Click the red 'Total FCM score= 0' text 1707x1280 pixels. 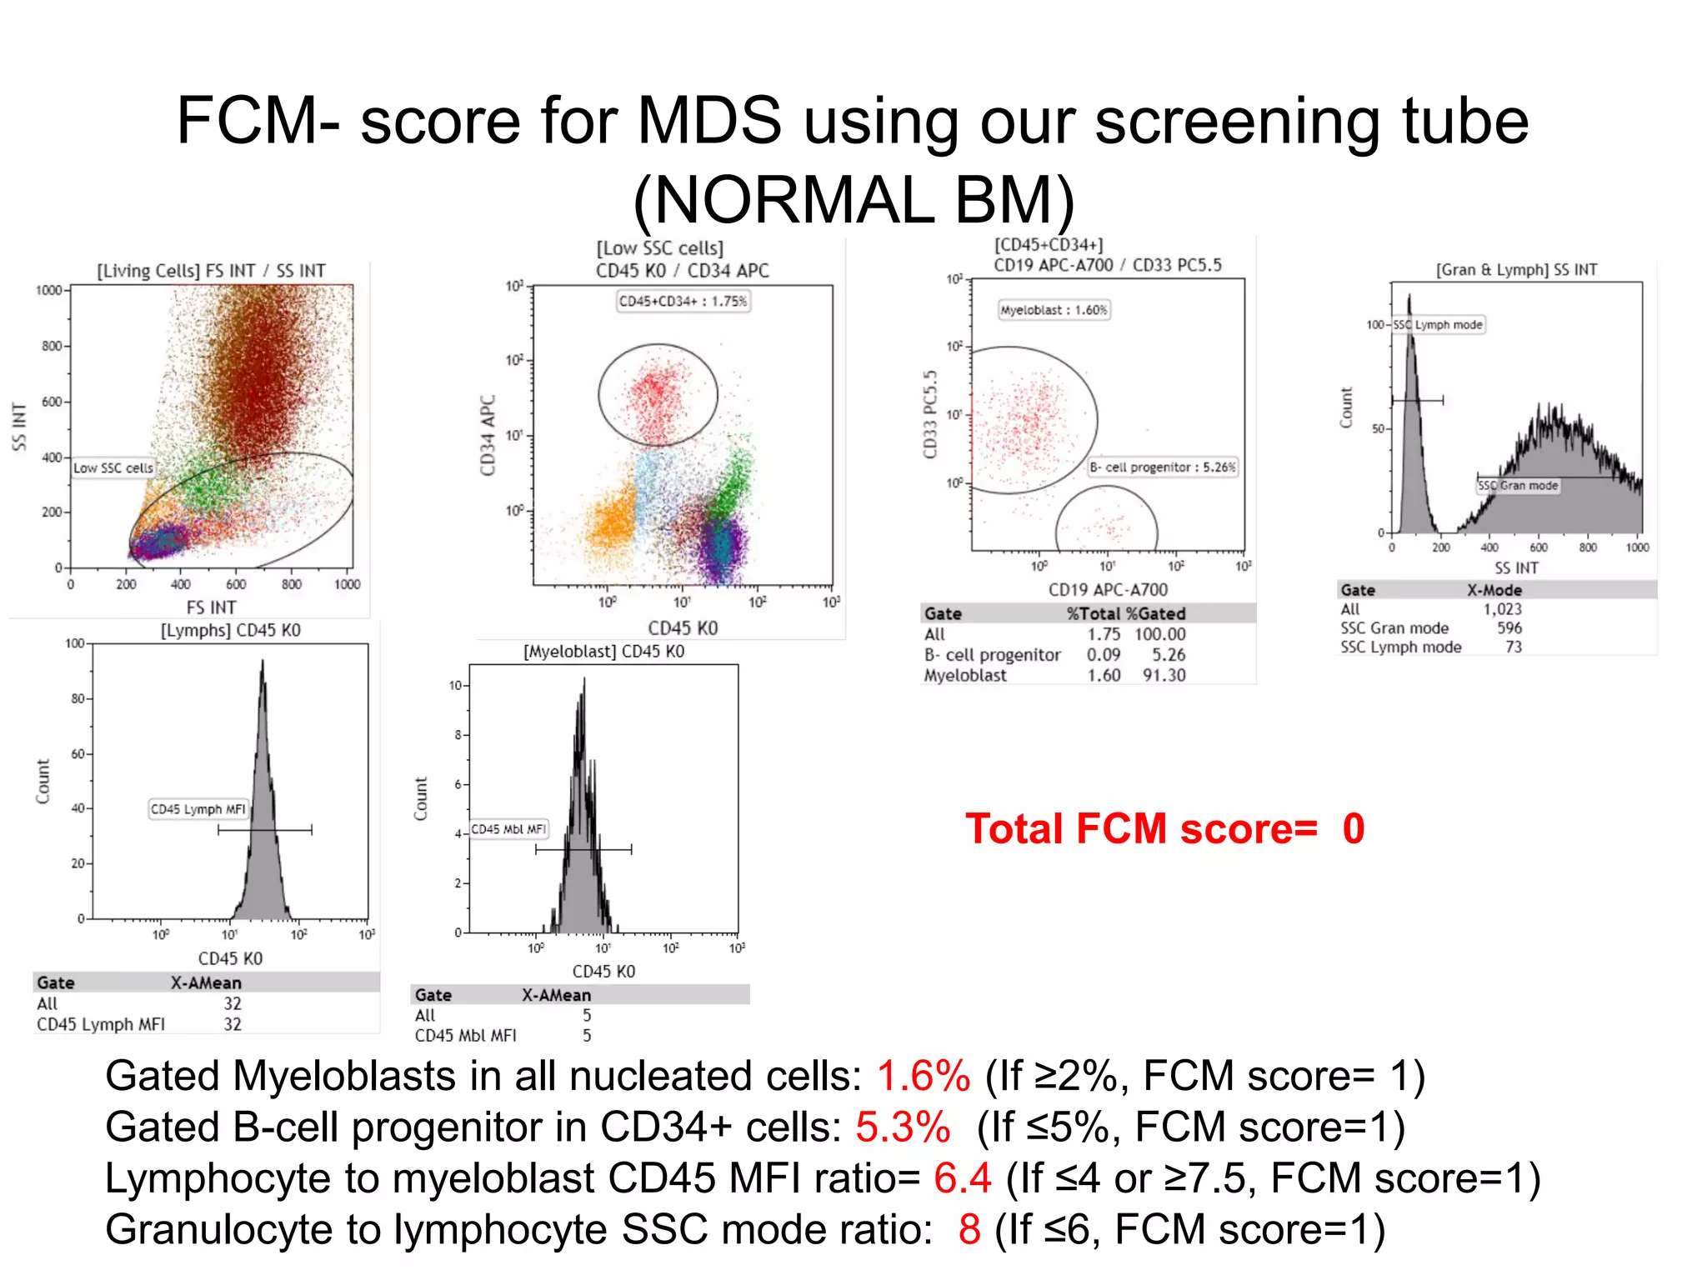pyautogui.click(x=1164, y=829)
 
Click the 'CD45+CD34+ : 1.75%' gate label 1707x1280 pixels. pyautogui.click(x=683, y=301)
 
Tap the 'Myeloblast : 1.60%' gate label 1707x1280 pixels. pyautogui.click(x=1054, y=310)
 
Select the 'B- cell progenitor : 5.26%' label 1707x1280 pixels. pyautogui.click(x=1162, y=467)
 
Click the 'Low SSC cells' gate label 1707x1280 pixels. pyautogui.click(x=113, y=468)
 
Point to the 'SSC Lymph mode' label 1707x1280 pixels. pyautogui.click(x=1438, y=325)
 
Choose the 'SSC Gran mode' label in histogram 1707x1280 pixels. pyautogui.click(x=1518, y=486)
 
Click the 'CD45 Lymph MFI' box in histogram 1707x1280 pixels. pyautogui.click(x=198, y=809)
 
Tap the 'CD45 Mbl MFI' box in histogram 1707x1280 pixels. pyautogui.click(x=508, y=829)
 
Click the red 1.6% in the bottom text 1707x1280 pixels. pyautogui.click(x=924, y=1076)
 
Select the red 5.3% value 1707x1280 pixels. pyautogui.click(x=903, y=1127)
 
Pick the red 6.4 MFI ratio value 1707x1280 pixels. pyautogui.click(x=962, y=1178)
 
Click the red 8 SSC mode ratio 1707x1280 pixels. pyautogui.click(x=969, y=1230)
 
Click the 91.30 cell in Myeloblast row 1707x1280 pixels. pyautogui.click(x=1164, y=675)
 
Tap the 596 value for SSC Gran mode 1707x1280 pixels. pyautogui.click(x=1509, y=628)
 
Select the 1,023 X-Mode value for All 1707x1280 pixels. pyautogui.click(x=1502, y=609)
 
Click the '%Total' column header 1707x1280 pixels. pyautogui.click(x=1094, y=614)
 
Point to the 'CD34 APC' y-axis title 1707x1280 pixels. pyautogui.click(x=488, y=435)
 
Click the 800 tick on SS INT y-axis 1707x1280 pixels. pyautogui.click(x=52, y=346)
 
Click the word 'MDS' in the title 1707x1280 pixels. pyautogui.click(x=709, y=121)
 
